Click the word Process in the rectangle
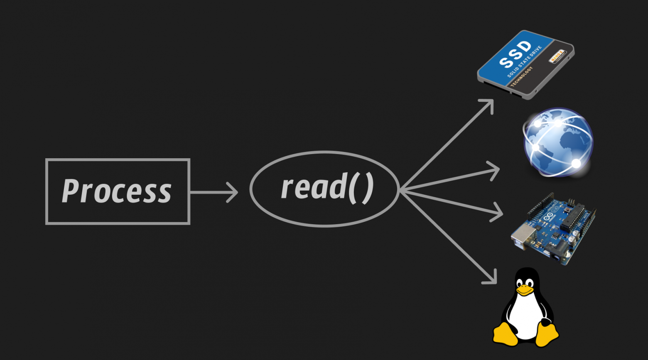point(117,191)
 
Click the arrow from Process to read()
point(214,192)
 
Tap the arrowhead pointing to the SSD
point(489,103)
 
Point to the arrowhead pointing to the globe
point(495,170)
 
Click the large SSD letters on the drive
point(515,54)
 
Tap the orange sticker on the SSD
point(556,56)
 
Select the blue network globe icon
point(558,142)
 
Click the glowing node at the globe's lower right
point(576,164)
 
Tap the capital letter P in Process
point(71,191)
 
